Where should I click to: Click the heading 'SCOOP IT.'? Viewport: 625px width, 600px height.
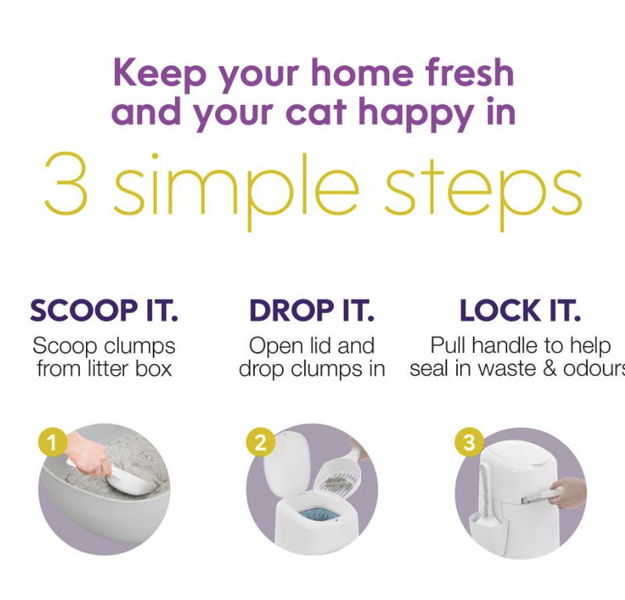tap(105, 311)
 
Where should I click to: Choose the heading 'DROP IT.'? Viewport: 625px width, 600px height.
tap(312, 311)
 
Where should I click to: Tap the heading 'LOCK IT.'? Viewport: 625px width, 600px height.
tap(520, 311)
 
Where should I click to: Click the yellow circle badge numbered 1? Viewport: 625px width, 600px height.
tap(53, 444)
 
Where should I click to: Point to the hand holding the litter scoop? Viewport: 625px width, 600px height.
tap(89, 453)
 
